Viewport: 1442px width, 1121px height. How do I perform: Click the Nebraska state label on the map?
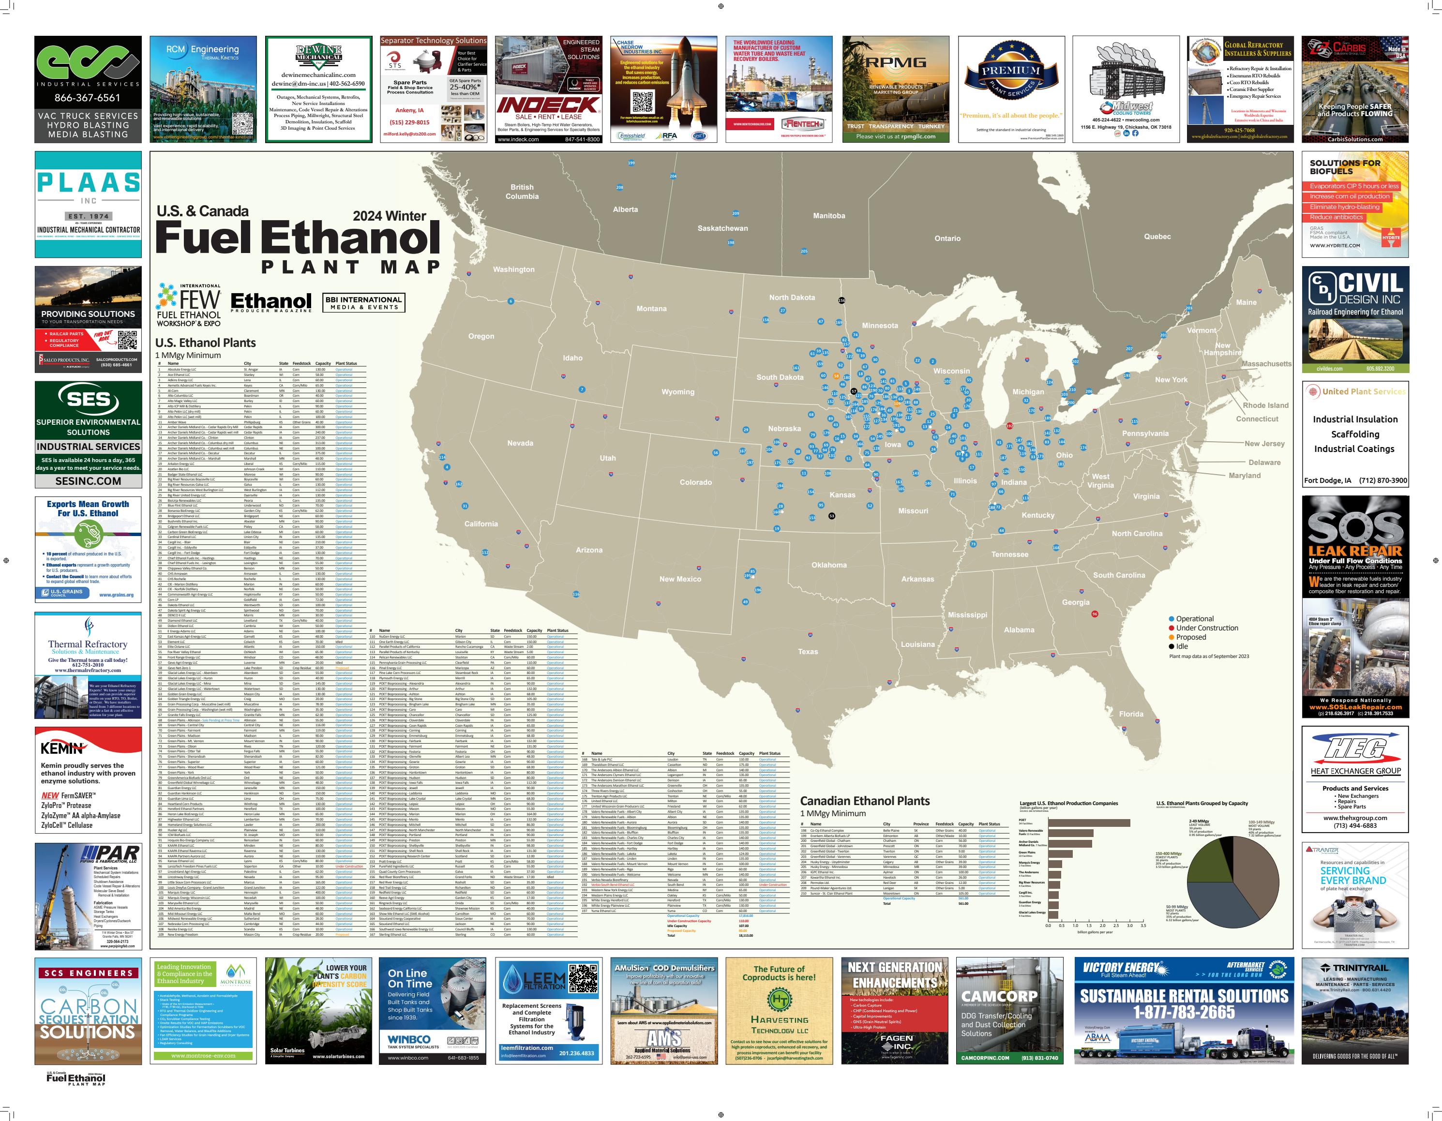coord(784,429)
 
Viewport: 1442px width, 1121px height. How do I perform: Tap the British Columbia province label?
coord(522,192)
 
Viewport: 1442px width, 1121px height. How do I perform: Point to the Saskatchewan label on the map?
coord(722,228)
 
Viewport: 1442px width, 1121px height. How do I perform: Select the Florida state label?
coord(1131,714)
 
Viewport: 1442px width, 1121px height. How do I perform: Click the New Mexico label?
coord(680,579)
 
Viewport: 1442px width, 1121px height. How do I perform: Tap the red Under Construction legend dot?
coord(1172,628)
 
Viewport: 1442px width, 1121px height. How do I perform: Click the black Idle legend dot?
coord(1172,646)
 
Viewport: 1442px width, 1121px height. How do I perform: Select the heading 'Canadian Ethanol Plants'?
coord(864,801)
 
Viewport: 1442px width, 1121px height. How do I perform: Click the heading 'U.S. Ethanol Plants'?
coord(205,343)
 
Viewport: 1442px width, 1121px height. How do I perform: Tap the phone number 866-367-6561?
coord(87,98)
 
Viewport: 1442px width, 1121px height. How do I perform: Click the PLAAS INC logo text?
coord(89,183)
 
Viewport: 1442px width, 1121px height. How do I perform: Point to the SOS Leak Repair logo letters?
coord(1355,528)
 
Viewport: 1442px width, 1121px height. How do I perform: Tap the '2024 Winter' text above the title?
coord(389,216)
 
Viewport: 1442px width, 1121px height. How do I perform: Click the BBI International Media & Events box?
coord(364,302)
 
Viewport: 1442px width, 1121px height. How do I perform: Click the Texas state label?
coord(808,652)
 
